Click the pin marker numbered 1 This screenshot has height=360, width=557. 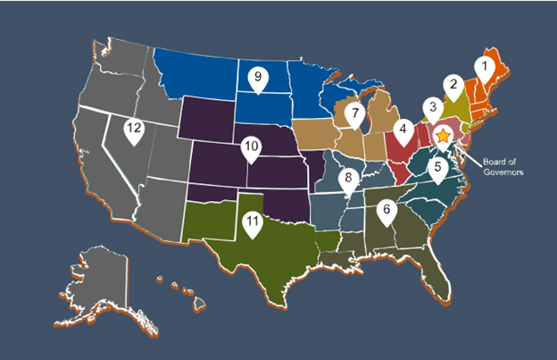coord(482,66)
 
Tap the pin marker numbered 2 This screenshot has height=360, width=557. coord(453,87)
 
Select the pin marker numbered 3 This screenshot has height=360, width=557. coord(431,109)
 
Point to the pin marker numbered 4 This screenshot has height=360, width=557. coord(403,131)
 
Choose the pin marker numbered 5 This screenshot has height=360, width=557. coord(437,166)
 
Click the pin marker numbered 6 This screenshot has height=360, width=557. coord(386,212)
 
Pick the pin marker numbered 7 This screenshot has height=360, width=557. coord(354,114)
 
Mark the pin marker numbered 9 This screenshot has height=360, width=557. coord(257,79)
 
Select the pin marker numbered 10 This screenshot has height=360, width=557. coord(252,147)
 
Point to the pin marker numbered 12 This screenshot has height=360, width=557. coord(134,130)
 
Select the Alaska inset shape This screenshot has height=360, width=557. coord(98,268)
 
